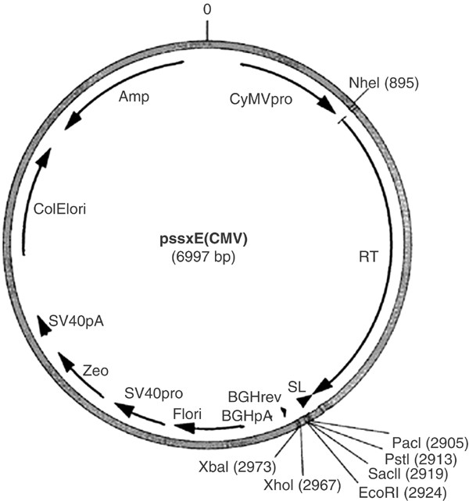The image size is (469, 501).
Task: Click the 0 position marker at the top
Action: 207,9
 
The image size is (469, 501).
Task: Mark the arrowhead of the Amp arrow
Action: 69,122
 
